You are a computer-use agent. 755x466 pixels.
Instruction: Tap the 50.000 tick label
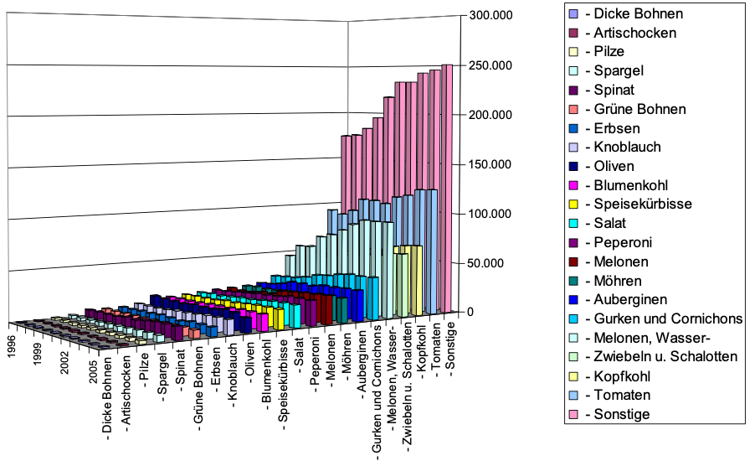485,263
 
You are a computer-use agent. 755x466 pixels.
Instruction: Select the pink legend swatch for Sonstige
573,414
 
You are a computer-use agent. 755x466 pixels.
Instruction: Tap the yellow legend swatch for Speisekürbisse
573,205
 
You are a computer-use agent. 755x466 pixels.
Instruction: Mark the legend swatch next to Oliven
573,167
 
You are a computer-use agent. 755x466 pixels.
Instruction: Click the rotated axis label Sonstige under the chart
453,347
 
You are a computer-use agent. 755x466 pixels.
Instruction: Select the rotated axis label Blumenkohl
266,386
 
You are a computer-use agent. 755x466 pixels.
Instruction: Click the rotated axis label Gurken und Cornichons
377,402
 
